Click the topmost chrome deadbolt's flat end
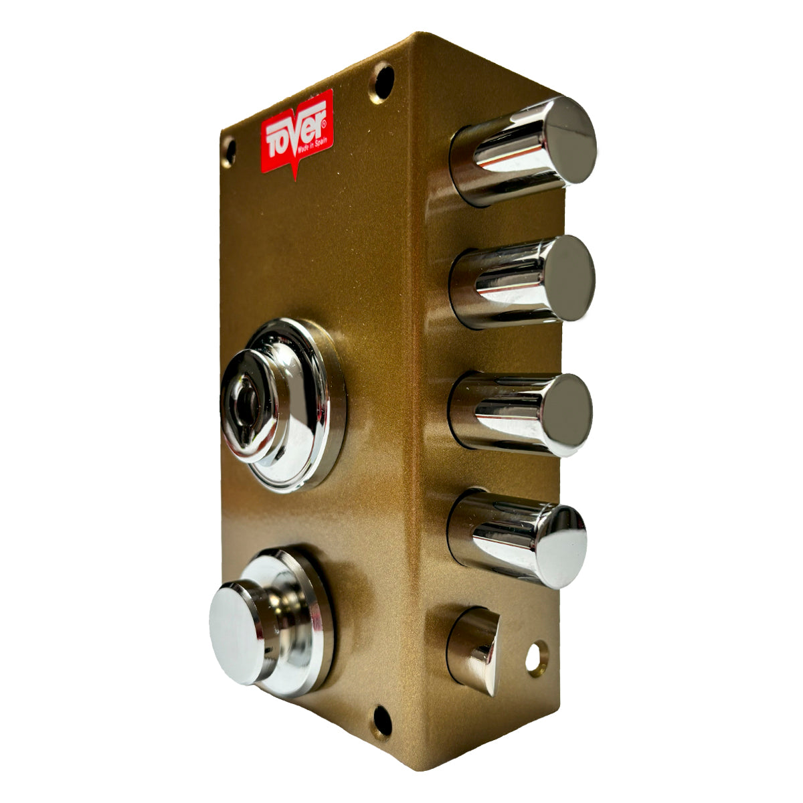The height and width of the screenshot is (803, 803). (x=571, y=140)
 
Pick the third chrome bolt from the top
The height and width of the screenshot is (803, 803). (x=520, y=415)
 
